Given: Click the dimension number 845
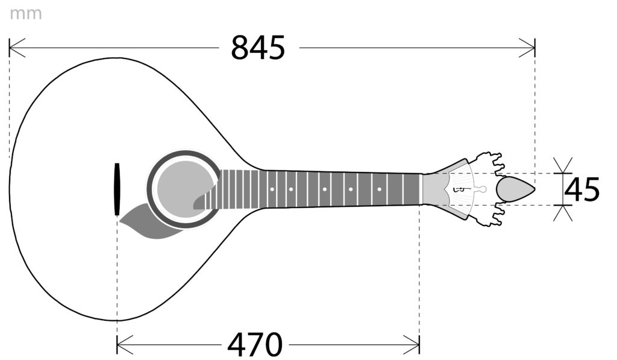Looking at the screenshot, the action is [258, 48].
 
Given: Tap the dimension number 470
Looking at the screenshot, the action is [255, 345].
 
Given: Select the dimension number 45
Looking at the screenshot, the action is [582, 189].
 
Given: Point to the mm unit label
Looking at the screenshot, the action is [25, 14].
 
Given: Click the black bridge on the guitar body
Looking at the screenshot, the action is [117, 189].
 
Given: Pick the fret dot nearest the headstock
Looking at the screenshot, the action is [380, 189].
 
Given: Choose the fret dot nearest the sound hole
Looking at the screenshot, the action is [272, 189].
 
